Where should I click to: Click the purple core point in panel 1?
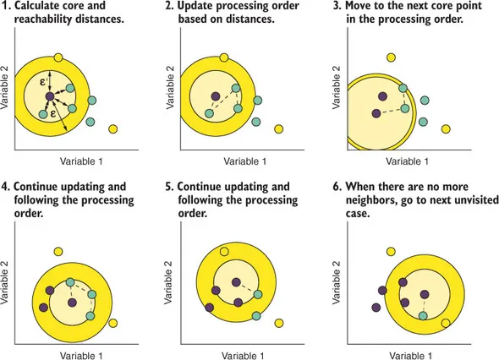[50, 96]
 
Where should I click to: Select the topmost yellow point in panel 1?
[58, 57]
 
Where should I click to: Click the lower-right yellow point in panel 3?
[445, 129]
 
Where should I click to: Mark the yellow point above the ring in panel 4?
[58, 251]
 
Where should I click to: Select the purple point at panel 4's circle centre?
[73, 300]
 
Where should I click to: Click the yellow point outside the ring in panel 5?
[278, 322]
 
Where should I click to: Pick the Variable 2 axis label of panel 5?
[170, 286]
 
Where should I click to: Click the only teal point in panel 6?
[424, 315]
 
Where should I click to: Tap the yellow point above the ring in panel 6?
[391, 251]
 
